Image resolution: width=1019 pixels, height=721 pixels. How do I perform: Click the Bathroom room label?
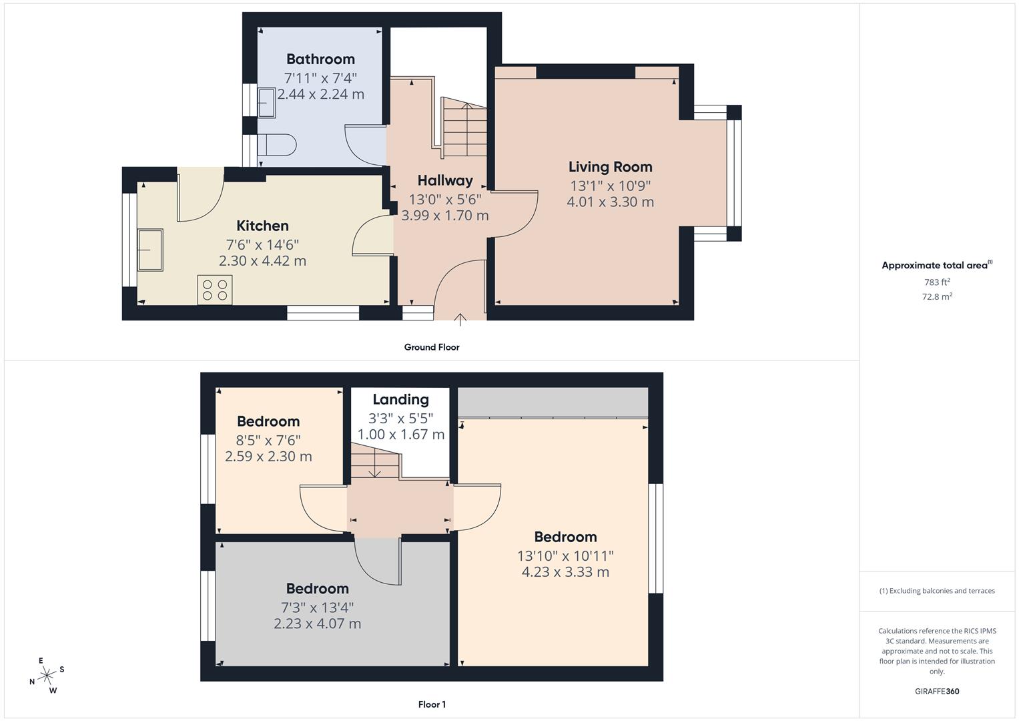tap(320, 59)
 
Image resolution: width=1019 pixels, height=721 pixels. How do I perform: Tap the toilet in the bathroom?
tap(277, 145)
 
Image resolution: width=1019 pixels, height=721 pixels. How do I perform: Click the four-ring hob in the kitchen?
tap(215, 290)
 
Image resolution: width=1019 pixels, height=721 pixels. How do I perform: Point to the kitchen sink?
tap(150, 250)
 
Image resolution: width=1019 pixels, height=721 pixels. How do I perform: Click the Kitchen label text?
tap(262, 226)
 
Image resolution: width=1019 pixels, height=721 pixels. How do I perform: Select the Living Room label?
tap(610, 167)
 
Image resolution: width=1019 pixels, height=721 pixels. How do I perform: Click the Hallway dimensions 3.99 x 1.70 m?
tap(444, 216)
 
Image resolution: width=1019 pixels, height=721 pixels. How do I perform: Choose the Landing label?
tap(400, 399)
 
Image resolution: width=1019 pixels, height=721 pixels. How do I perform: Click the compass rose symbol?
tap(47, 676)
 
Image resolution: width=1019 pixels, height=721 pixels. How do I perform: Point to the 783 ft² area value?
tap(937, 282)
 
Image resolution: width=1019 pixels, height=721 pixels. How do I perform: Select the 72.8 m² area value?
tap(937, 296)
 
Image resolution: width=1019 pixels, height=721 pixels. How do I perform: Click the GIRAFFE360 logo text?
tap(937, 691)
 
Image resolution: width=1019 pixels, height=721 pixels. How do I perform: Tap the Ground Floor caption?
tap(432, 347)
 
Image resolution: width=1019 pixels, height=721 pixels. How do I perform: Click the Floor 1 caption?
tap(432, 704)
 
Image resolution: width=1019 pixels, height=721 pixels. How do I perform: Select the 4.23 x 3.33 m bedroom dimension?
tap(565, 572)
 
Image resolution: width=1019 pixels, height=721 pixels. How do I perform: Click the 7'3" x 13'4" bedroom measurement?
tap(317, 607)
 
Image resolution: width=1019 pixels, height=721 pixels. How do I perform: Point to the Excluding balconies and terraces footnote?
tap(937, 591)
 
